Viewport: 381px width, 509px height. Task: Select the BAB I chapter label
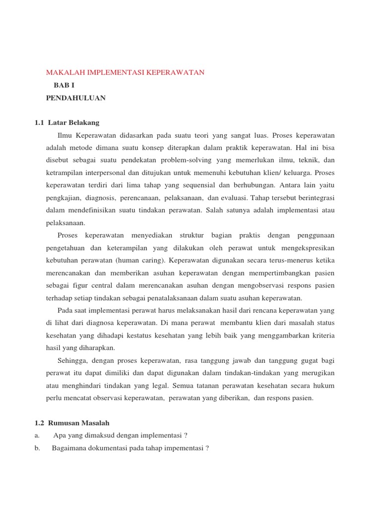coord(64,85)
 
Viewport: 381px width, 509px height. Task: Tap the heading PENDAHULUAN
coord(75,98)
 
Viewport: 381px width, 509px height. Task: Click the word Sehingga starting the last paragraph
coord(72,360)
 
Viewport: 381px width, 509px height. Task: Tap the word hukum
coord(324,385)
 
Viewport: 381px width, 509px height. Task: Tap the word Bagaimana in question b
coord(70,448)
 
